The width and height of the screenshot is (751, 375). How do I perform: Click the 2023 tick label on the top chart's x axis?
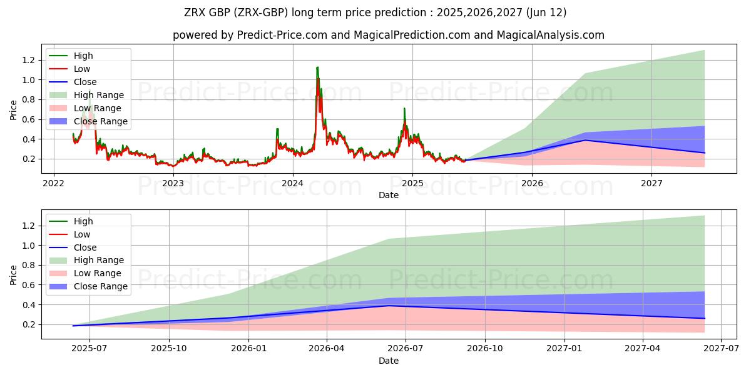coord(173,183)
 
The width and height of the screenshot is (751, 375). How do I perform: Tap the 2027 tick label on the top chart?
coord(651,183)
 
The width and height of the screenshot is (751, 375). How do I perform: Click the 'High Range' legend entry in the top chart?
coord(99,95)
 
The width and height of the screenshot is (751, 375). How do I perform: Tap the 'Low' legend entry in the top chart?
coord(82,69)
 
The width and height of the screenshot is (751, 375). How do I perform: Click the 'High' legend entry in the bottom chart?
coord(83,221)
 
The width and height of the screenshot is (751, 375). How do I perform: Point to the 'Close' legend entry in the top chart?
coord(85,82)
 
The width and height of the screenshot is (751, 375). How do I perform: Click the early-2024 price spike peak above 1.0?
coord(317,67)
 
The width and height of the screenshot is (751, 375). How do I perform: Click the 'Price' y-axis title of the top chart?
coord(14,110)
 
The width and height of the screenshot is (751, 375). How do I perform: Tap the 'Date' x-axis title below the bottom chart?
coord(389,361)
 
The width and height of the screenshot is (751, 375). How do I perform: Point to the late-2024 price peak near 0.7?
coord(404,109)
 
